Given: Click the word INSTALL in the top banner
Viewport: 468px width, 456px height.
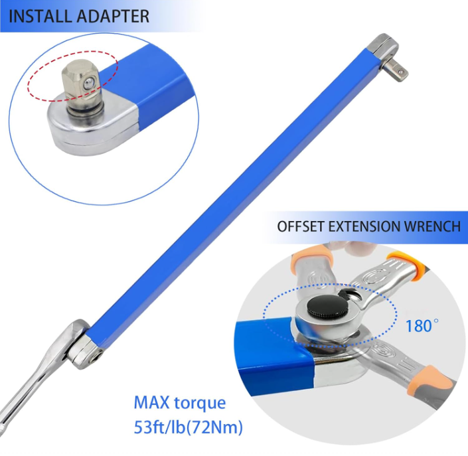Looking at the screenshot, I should click(40, 17).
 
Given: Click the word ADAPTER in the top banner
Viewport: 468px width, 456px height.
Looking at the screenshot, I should click(112, 17).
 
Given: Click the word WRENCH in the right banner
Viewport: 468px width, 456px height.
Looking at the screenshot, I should click(431, 226).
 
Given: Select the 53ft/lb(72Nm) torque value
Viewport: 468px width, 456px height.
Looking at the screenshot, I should click(188, 427).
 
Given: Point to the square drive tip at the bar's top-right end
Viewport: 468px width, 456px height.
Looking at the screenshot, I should click(398, 69).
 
